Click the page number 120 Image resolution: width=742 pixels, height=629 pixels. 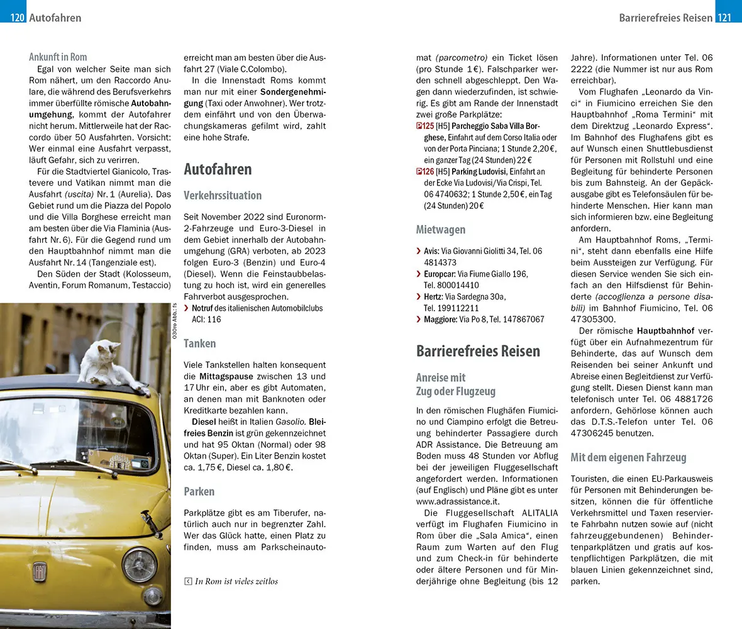pyautogui.click(x=18, y=18)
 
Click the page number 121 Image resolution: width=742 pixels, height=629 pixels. pyautogui.click(x=724, y=18)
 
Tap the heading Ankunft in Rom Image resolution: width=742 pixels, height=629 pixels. pyautogui.click(x=58, y=57)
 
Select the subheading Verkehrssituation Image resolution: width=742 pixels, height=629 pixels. pyautogui.click(x=223, y=195)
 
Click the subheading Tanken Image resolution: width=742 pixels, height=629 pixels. pyautogui.click(x=200, y=343)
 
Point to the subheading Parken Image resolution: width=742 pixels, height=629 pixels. pyautogui.click(x=199, y=491)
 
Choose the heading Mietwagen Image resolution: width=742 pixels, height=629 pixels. pyautogui.click(x=441, y=230)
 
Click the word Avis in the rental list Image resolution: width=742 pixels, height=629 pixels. pyautogui.click(x=431, y=251)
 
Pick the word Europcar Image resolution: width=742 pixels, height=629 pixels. pyautogui.click(x=440, y=274)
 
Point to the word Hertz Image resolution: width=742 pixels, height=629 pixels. pyautogui.click(x=433, y=296)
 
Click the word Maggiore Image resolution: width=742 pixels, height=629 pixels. pyautogui.click(x=440, y=319)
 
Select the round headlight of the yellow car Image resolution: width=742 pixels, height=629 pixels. pyautogui.click(x=139, y=564)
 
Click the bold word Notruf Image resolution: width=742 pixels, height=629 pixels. pyautogui.click(x=202, y=308)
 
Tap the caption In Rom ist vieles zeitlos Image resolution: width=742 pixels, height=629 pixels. pyautogui.click(x=236, y=581)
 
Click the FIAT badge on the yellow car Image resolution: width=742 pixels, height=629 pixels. pyautogui.click(x=40, y=571)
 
